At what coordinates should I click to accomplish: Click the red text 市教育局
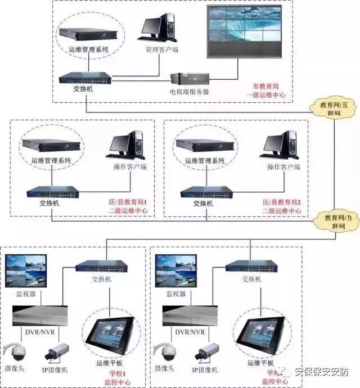pyautogui.click(x=265, y=87)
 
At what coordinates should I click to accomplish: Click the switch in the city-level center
pyautogui.click(x=85, y=78)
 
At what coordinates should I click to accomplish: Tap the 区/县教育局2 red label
pyautogui.click(x=283, y=201)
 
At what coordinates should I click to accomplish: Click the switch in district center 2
pyautogui.click(x=206, y=192)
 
